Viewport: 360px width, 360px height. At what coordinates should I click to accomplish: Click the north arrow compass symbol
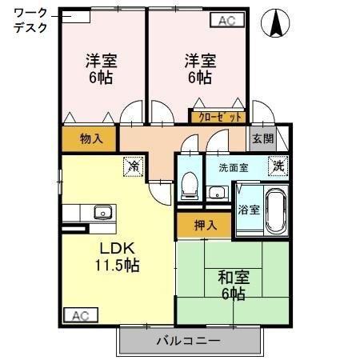click(x=275, y=23)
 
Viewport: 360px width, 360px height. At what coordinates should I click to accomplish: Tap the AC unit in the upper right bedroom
click(x=227, y=20)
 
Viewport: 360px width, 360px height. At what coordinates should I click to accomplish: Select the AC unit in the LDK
click(x=81, y=315)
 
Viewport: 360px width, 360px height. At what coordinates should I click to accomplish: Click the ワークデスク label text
click(x=30, y=21)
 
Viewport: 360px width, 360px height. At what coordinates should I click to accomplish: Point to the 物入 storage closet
click(x=89, y=138)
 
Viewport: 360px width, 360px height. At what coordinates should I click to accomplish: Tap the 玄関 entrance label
click(x=263, y=138)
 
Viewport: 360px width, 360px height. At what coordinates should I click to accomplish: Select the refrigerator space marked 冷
click(x=133, y=166)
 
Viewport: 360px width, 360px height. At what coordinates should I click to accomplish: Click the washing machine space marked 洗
click(x=278, y=166)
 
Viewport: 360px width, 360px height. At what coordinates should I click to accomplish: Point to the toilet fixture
click(x=190, y=186)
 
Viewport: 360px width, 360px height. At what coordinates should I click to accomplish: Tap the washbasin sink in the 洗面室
click(x=218, y=193)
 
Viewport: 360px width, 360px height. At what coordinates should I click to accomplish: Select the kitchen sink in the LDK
click(x=103, y=212)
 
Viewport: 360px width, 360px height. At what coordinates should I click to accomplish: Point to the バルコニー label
click(x=189, y=341)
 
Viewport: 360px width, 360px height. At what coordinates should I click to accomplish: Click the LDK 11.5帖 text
click(x=118, y=257)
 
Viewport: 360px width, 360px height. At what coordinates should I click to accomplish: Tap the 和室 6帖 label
click(x=234, y=286)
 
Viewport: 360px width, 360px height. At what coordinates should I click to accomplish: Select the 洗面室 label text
click(x=234, y=168)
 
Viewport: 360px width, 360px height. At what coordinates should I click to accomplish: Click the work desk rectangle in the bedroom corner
click(x=76, y=17)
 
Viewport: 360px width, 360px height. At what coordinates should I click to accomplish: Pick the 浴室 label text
click(x=249, y=210)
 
